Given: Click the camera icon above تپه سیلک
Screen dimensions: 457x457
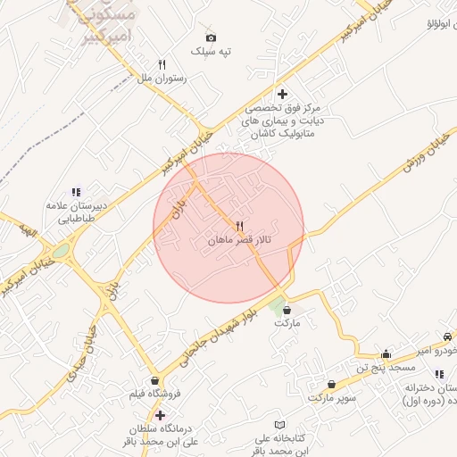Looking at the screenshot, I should (x=211, y=37).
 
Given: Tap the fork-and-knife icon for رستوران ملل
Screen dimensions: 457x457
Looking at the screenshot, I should (x=162, y=64).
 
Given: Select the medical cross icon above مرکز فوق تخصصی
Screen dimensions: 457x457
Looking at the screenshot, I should (x=282, y=94).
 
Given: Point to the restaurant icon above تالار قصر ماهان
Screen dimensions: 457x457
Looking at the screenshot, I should (x=239, y=226).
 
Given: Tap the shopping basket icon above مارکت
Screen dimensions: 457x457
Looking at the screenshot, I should (x=287, y=310).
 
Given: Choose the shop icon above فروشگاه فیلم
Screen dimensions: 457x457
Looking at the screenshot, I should (x=155, y=380).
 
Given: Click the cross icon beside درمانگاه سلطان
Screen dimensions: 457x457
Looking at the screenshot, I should (x=160, y=415).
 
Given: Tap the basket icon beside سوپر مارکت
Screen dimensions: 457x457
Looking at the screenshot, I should (x=320, y=384).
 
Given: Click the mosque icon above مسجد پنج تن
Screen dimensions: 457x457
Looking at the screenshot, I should (x=386, y=353).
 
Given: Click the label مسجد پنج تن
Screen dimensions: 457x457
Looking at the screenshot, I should (x=386, y=367).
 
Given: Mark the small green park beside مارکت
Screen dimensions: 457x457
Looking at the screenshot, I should (x=278, y=303).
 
